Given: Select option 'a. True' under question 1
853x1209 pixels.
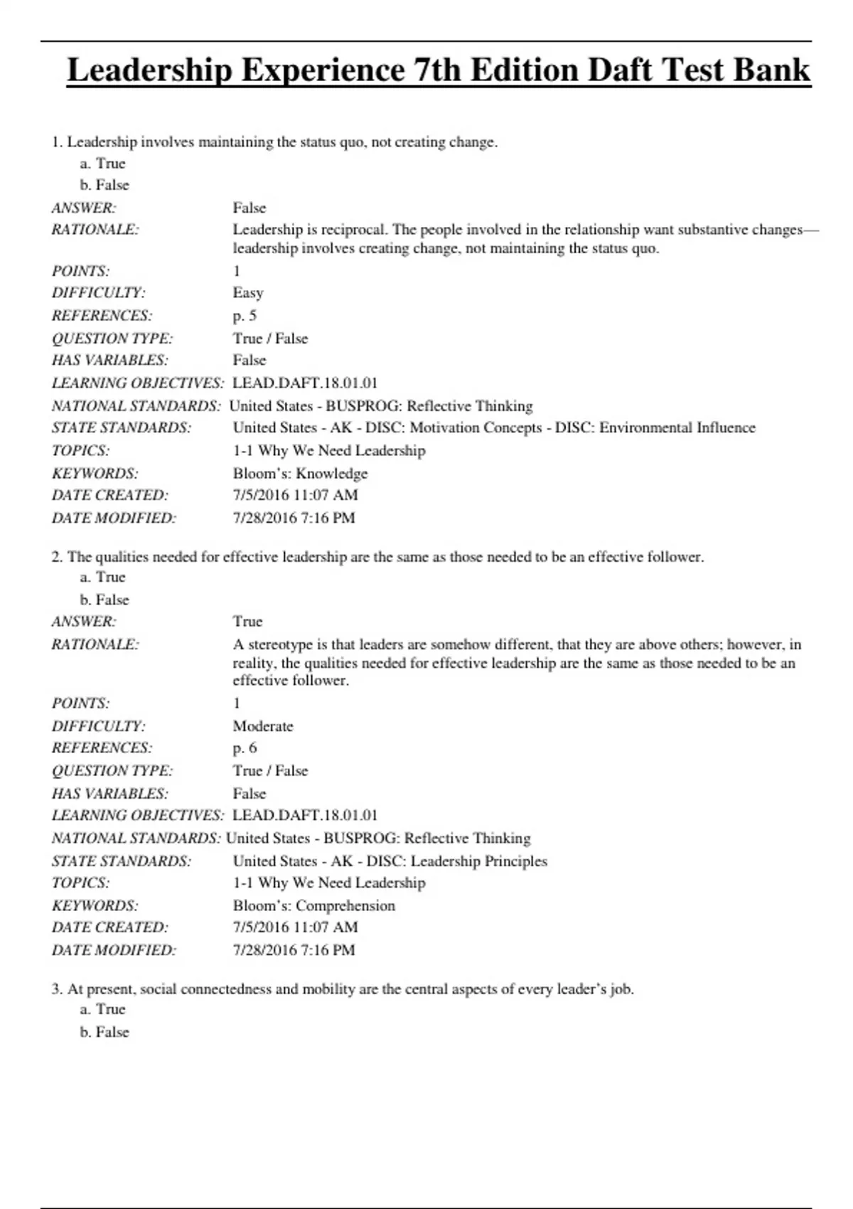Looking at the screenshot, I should point(102,164).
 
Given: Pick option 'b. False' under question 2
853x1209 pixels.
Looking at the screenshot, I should point(104,600).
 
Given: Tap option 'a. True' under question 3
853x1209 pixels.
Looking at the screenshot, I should point(102,1009).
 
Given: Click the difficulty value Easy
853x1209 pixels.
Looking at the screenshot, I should point(248,293).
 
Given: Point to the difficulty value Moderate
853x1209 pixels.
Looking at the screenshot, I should point(263,726).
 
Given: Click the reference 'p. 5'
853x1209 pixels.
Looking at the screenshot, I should point(245,316).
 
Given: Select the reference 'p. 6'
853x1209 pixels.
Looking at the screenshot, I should point(245,748).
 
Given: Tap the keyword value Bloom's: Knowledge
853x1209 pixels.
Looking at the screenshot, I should point(300,474).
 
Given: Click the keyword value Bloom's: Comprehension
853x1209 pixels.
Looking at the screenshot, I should point(313,906).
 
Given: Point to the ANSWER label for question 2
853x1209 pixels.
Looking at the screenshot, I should point(84,622).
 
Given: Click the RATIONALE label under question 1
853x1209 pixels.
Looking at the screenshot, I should point(95,230).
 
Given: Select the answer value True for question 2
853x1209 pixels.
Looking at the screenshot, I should point(247,622).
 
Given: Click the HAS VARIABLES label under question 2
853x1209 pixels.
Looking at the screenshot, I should point(110,794).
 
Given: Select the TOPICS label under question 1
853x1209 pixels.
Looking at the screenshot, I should point(80,451).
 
